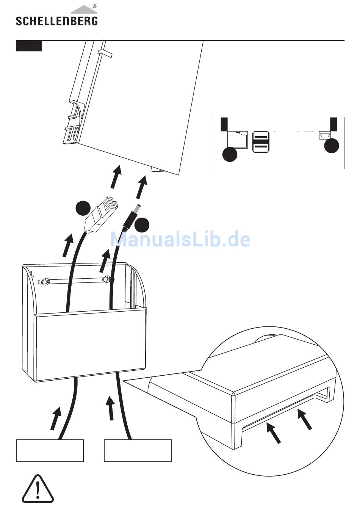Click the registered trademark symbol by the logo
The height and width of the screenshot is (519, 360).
pyautogui.click(x=94, y=6)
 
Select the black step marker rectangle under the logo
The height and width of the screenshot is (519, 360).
pyautogui.click(x=29, y=46)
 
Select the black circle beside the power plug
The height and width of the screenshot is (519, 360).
pyautogui.click(x=142, y=225)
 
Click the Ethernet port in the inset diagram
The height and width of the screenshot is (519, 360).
pyautogui.click(x=238, y=140)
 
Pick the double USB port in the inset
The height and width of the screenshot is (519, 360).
pyautogui.click(x=261, y=142)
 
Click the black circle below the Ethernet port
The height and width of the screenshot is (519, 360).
pyautogui.click(x=230, y=154)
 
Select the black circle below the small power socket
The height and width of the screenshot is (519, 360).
pyautogui.click(x=332, y=146)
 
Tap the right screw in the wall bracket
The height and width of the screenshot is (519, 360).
pyautogui.click(x=108, y=279)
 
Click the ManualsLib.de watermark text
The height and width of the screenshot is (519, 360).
pyautogui.click(x=180, y=239)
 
